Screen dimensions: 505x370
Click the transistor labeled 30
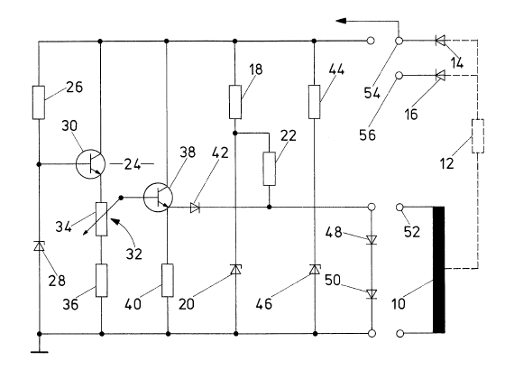coord(90,164)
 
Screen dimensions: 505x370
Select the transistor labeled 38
coord(158,198)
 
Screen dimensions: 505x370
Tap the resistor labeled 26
coord(39,103)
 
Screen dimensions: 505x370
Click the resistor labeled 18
coord(235,102)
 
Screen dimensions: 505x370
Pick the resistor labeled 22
coord(270,169)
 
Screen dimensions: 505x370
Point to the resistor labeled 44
coord(315,102)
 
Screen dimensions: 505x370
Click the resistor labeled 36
coord(101,281)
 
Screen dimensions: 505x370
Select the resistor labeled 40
coord(168,281)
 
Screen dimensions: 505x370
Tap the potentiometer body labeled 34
coord(101,219)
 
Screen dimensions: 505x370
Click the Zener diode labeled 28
coord(39,245)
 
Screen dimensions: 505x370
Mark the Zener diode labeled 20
coord(235,270)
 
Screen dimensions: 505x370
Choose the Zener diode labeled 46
coord(315,270)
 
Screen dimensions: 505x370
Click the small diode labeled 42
coord(195,208)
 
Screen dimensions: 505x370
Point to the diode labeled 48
coord(372,239)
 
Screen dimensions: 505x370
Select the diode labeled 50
coord(372,294)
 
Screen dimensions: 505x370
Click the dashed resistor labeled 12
coord(478,136)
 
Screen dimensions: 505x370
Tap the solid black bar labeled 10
coord(438,270)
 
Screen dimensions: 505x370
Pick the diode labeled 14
coord(440,41)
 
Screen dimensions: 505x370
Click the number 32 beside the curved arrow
coord(133,254)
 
